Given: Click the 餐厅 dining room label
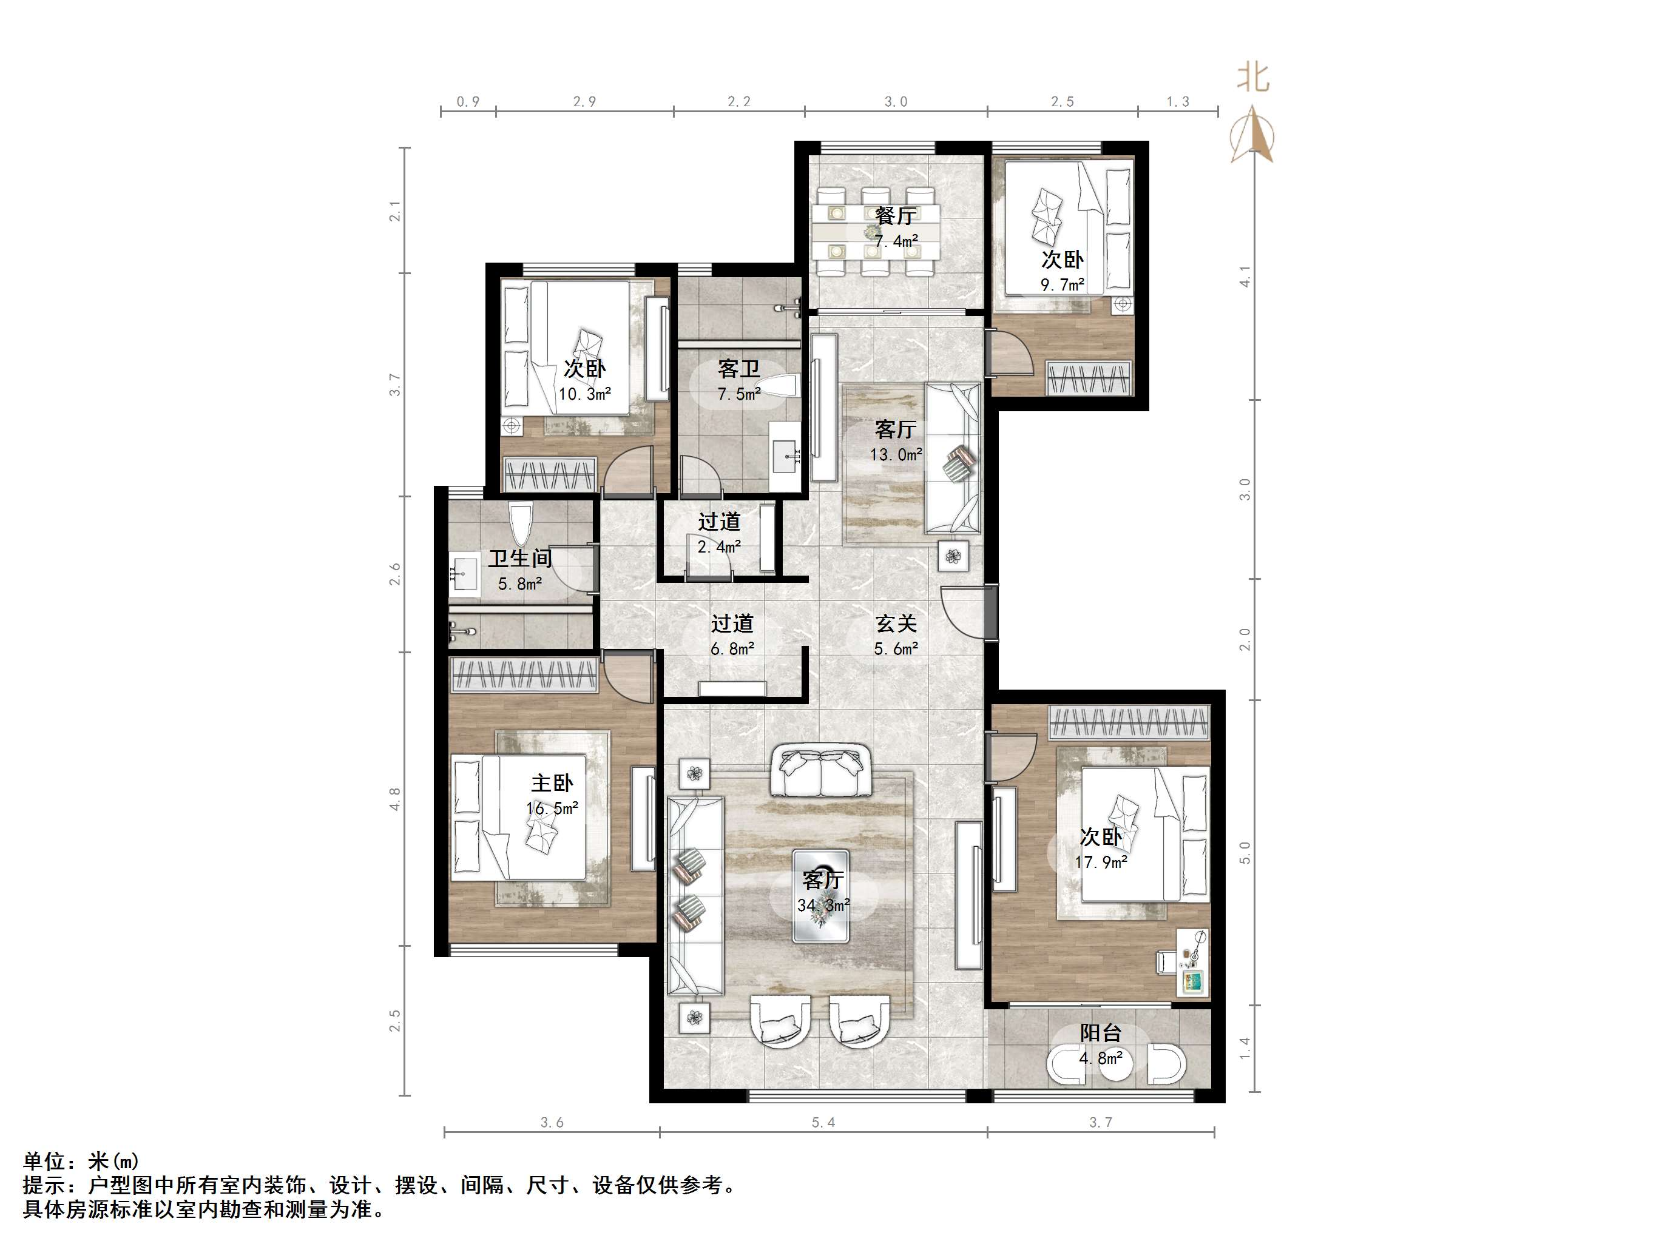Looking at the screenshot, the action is (x=896, y=216).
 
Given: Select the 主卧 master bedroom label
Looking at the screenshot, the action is (x=552, y=784).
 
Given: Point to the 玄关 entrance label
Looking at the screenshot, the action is (x=896, y=624).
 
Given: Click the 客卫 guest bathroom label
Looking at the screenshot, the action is (x=738, y=369).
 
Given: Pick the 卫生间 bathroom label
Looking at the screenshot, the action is (x=520, y=559).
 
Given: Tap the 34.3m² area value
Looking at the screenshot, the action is (x=823, y=906).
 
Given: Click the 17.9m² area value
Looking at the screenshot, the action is (x=1100, y=862).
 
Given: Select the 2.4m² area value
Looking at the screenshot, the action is (x=718, y=547).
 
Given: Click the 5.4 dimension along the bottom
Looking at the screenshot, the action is (x=823, y=1123).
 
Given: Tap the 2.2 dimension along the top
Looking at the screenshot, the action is (x=738, y=102).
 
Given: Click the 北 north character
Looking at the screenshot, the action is (x=1252, y=77).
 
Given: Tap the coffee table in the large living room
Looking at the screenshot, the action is (x=821, y=896).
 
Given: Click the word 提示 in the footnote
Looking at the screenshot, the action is (x=44, y=1186).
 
